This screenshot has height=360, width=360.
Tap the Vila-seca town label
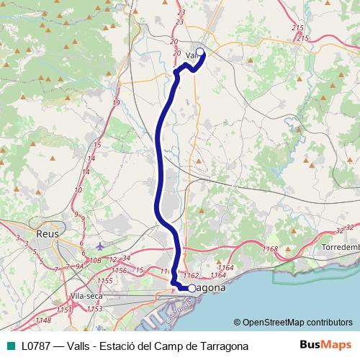[87, 295]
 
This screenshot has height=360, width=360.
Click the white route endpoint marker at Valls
[200, 52]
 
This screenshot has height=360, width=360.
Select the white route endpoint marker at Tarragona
[192, 288]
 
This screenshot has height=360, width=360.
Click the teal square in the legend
[9, 346]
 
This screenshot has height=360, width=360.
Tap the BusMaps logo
[320, 346]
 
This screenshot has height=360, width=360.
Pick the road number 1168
[270, 249]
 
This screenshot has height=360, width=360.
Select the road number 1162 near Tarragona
[191, 275]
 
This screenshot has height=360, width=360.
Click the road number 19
[116, 104]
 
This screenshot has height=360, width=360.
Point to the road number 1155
[105, 281]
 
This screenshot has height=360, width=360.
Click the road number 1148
[42, 320]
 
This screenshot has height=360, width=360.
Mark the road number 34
[126, 257]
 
